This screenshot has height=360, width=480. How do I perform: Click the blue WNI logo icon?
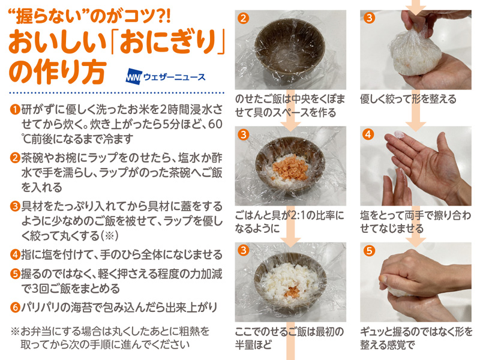click(134, 77)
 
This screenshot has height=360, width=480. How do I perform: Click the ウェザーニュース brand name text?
click(174, 77)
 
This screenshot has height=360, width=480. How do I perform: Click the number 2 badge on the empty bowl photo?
click(243, 18)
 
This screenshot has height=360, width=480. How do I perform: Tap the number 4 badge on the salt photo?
click(368, 134)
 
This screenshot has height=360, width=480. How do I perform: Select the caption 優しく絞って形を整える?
click(408, 98)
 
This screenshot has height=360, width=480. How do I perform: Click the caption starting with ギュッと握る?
click(416, 338)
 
